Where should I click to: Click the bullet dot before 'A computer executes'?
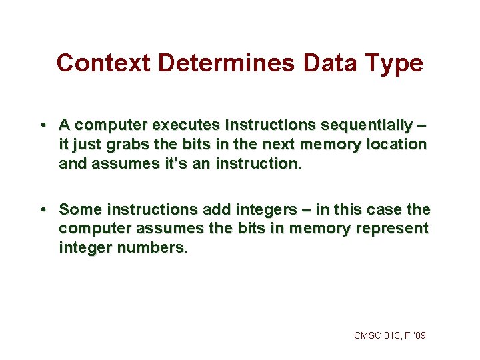click(x=42, y=125)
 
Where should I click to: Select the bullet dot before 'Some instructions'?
click(x=42, y=210)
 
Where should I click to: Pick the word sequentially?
click(x=363, y=125)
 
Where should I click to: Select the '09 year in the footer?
click(x=419, y=335)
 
